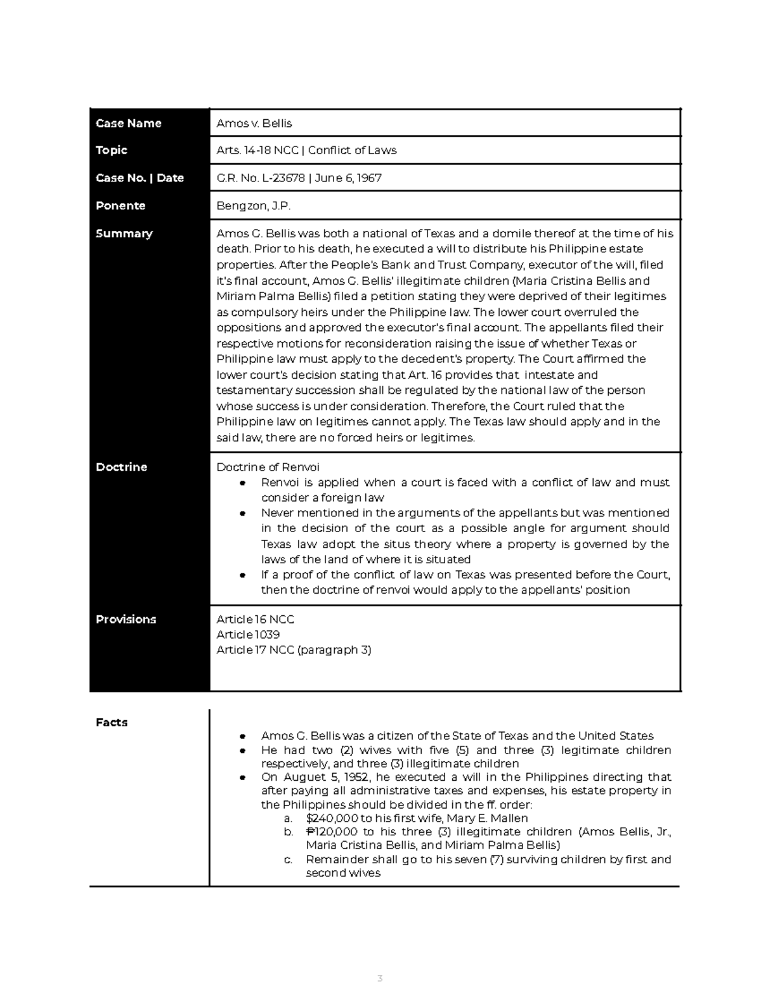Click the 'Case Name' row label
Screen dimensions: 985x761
128,123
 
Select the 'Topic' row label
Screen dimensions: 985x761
112,150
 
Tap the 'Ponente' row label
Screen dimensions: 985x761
120,205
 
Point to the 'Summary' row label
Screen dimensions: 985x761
124,233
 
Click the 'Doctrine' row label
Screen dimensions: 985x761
121,467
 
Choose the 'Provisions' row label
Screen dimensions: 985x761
126,619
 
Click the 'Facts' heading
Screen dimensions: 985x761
112,722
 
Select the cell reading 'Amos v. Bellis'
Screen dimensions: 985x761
254,123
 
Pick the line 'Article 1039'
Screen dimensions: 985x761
248,634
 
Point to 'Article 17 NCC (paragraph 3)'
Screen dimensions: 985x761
294,649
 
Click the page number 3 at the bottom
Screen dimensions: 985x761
380,978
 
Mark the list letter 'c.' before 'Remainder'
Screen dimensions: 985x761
289,859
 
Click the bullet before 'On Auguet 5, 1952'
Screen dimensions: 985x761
243,778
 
